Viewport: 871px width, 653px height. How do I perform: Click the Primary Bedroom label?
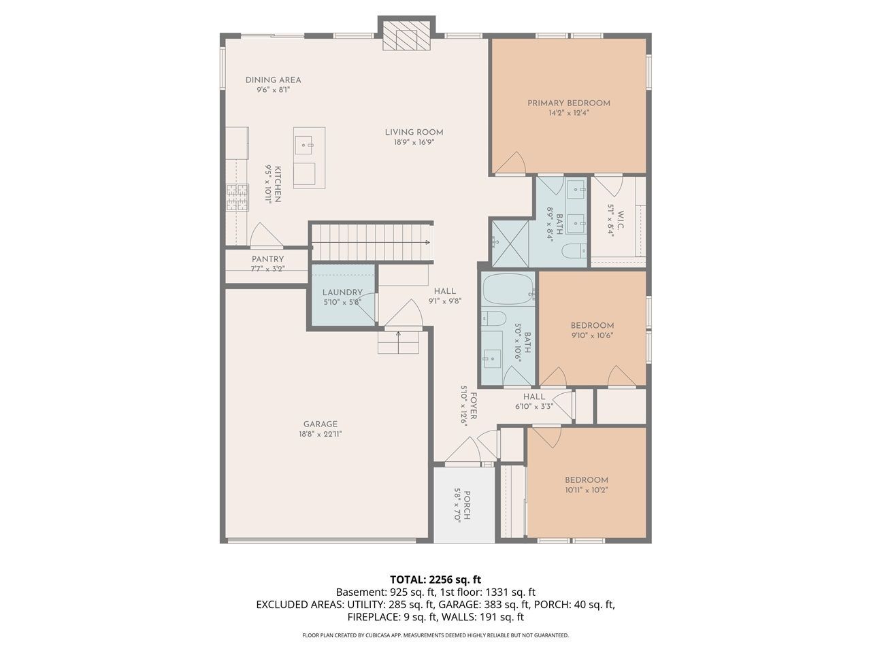point(568,103)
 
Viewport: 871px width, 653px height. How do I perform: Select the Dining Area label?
point(273,80)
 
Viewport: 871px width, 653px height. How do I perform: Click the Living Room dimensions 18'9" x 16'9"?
point(414,142)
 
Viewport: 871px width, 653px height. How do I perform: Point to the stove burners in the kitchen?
point(237,197)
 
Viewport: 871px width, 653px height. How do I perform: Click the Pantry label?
point(267,259)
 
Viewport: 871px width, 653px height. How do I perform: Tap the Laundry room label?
point(342,292)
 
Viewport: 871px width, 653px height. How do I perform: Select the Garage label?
point(321,424)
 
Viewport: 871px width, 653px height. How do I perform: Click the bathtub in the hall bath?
point(508,288)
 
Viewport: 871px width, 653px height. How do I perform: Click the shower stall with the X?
point(510,244)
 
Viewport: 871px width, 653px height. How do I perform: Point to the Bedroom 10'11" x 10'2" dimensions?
point(587,490)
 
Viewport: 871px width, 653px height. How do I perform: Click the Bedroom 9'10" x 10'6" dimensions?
point(592,335)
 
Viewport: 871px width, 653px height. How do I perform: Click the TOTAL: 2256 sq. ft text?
point(435,580)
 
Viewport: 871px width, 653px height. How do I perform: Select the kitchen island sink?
point(304,145)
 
